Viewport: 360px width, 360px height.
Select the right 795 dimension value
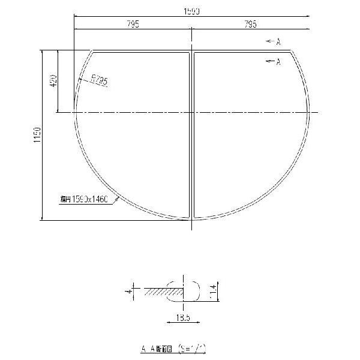coord(251,24)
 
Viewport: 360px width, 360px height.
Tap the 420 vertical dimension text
coord(53,80)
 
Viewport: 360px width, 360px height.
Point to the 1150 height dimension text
coord(37,134)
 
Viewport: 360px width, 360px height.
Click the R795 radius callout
coord(99,80)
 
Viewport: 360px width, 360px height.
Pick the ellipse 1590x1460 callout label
coord(84,200)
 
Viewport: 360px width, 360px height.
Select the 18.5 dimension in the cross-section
coord(176,317)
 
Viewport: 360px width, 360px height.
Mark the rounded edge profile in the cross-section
coord(191,290)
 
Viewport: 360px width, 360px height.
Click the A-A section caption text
coord(155,347)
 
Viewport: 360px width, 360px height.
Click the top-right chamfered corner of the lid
coord(293,53)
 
